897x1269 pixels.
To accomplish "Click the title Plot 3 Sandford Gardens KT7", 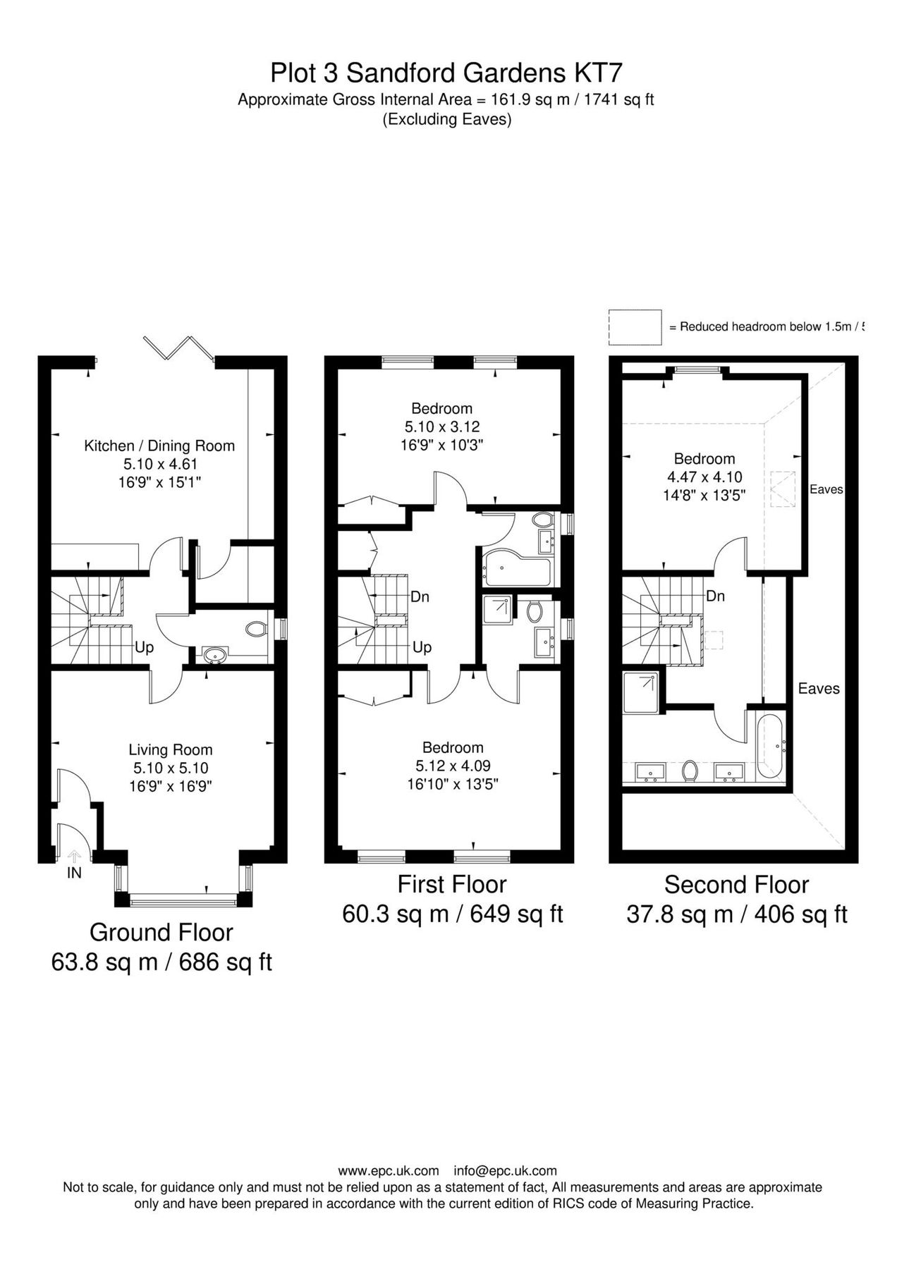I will (447, 73).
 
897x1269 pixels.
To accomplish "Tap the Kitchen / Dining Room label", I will (159, 446).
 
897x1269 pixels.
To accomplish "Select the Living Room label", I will (170, 750).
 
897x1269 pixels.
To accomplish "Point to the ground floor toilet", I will (256, 628).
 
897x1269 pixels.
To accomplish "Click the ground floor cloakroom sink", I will (213, 656).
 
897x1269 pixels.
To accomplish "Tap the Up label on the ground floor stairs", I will (144, 647).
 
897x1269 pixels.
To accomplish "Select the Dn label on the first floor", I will (420, 597).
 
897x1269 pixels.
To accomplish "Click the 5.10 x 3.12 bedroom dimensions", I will (442, 427).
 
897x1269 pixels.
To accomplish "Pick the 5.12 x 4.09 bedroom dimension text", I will (453, 766).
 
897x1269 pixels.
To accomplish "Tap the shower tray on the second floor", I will (642, 691).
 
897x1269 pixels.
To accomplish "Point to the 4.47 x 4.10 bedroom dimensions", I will (704, 477).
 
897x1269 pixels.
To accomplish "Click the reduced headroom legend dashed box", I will (635, 327).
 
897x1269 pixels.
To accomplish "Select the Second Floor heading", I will (736, 884).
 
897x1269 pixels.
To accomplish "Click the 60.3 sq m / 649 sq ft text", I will (452, 914).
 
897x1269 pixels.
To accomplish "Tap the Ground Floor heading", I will (161, 932).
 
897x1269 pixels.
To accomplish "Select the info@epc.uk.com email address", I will (505, 1171).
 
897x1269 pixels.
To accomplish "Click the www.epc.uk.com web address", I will (389, 1171).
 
